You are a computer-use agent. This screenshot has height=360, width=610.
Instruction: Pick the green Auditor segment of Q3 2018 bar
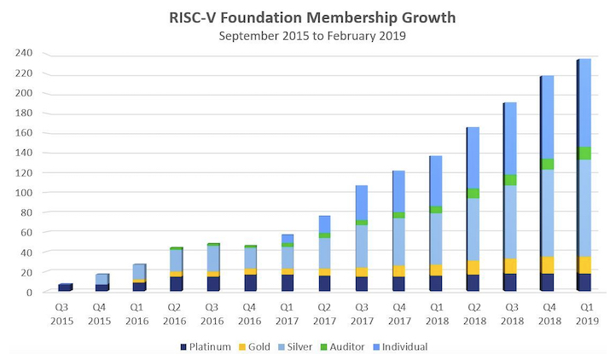[x=510, y=179]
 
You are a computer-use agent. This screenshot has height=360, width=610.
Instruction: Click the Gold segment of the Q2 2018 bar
[x=473, y=267]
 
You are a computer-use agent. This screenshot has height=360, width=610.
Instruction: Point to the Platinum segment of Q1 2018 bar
[x=435, y=283]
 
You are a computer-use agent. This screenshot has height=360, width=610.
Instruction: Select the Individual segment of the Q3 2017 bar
[x=361, y=202]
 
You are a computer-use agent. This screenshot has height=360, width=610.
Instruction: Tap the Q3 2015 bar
[x=66, y=287]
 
